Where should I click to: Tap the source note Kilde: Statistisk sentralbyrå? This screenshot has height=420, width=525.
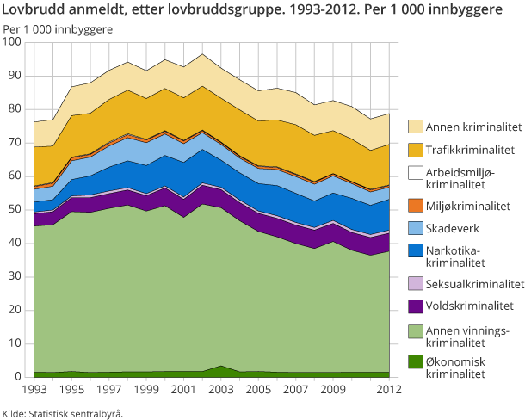click(63, 413)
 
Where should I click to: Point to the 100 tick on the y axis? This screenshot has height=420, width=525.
click(15, 42)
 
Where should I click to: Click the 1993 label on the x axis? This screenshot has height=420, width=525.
click(34, 390)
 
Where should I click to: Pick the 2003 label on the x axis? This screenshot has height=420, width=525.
click(221, 390)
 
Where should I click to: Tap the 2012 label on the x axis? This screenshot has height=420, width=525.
click(389, 390)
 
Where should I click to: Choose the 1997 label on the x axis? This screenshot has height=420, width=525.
click(109, 390)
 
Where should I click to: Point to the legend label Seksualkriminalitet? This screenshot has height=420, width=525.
click(475, 283)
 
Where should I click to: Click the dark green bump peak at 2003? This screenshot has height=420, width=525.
click(221, 367)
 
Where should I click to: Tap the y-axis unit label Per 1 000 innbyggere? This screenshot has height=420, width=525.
click(58, 29)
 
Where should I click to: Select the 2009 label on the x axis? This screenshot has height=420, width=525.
click(333, 390)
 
